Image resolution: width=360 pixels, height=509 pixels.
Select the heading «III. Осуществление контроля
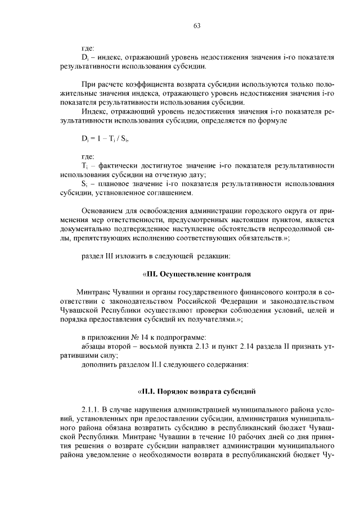[195, 274]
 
